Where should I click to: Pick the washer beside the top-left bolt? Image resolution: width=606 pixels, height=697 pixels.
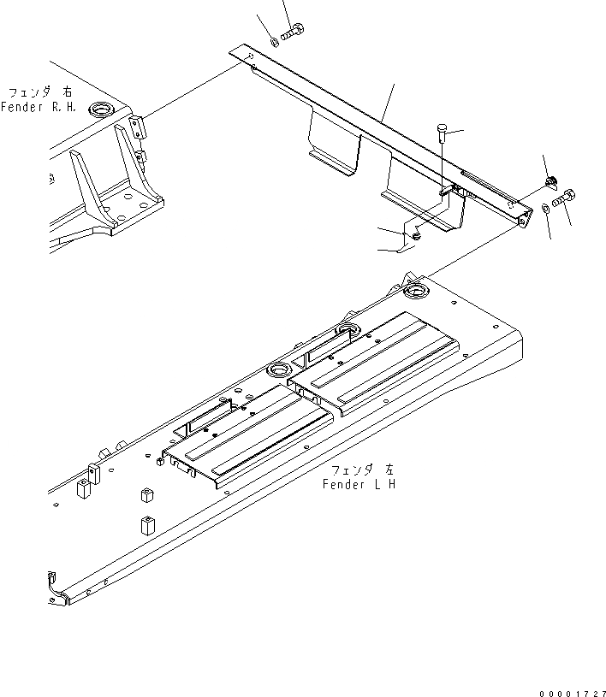273,39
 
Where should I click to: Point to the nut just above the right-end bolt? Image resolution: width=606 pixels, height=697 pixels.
551,180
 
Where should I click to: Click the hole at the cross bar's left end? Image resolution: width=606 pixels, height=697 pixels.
249,56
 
